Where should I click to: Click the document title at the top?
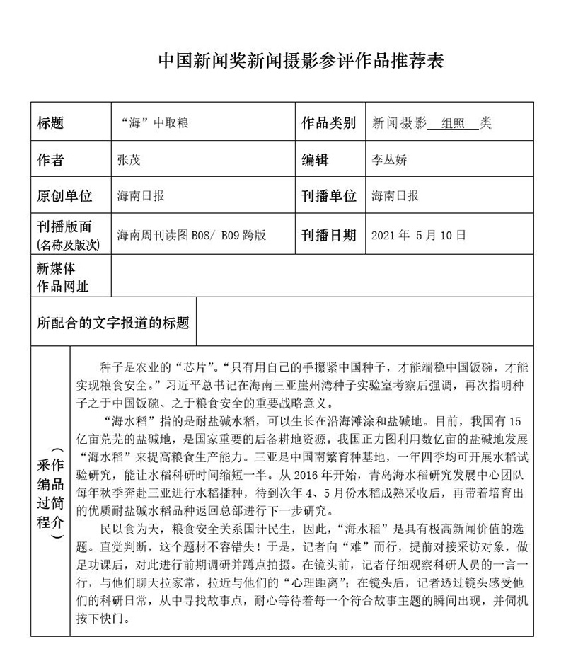coord(301,61)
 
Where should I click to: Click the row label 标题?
coord(50,123)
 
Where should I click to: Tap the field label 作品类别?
coord(329,123)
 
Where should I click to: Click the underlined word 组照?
coord(453,123)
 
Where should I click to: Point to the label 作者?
coord(50,160)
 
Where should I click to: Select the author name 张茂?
coord(129,160)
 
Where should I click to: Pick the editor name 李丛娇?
coord(390,160)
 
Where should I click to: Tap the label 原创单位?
coord(64,196)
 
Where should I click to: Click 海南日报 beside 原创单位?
coord(141,196)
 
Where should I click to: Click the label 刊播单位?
coord(329,196)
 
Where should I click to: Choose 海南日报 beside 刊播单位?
coord(395,196)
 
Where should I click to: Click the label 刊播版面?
coord(64,228)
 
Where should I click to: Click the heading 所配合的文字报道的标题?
coord(113,323)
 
